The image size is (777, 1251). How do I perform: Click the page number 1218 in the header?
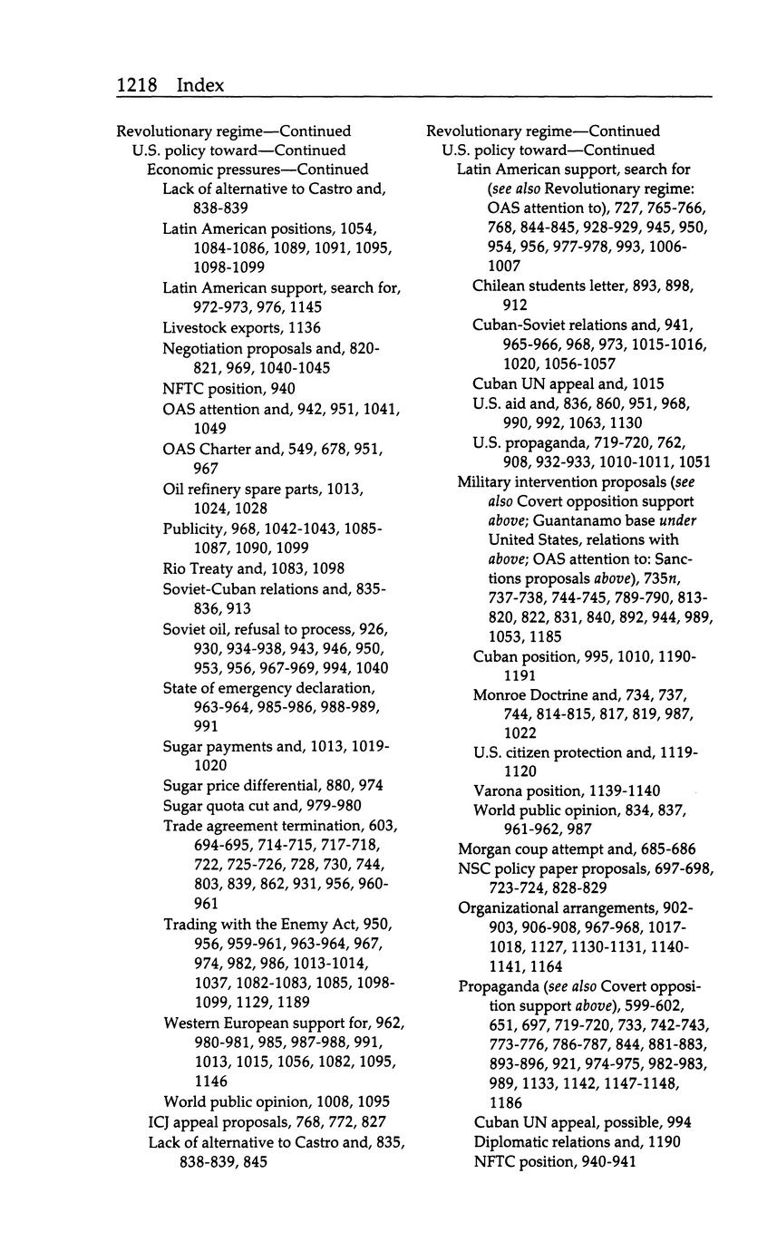point(137,85)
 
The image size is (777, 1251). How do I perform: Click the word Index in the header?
point(200,85)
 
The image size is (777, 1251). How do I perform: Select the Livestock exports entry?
point(241,327)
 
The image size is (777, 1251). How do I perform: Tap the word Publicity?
point(194,529)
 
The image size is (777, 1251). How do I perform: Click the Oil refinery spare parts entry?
point(263,489)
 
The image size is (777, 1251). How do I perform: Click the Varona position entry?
point(567,790)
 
